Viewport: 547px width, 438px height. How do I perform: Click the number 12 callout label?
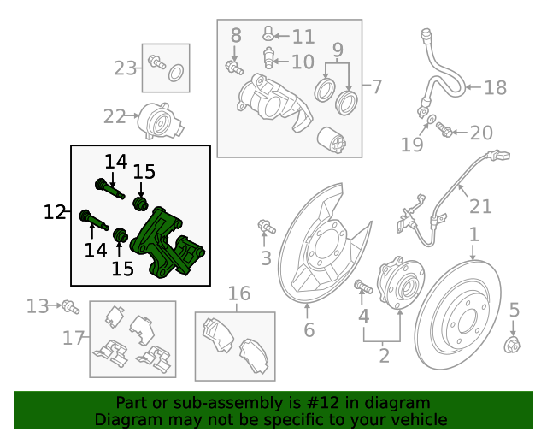point(55,211)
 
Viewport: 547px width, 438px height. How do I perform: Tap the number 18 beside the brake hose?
point(496,87)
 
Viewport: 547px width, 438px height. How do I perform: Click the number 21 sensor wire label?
point(481,206)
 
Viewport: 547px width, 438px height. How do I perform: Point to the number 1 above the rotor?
point(473,234)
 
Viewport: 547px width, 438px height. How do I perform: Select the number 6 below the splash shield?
point(309,330)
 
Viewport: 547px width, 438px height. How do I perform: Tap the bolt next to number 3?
point(265,227)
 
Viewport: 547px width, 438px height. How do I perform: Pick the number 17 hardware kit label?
point(74,338)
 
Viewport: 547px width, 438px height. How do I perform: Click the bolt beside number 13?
point(68,305)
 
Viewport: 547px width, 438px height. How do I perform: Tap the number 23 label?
point(126,68)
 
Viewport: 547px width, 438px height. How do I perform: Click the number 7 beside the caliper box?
point(377,86)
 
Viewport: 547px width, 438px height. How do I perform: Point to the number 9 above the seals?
point(338,50)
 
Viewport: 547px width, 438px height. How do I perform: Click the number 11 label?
point(303,37)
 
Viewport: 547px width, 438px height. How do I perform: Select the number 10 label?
point(303,62)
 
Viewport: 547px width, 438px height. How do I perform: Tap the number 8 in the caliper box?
point(236,35)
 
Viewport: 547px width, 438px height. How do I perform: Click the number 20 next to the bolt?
point(481,133)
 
